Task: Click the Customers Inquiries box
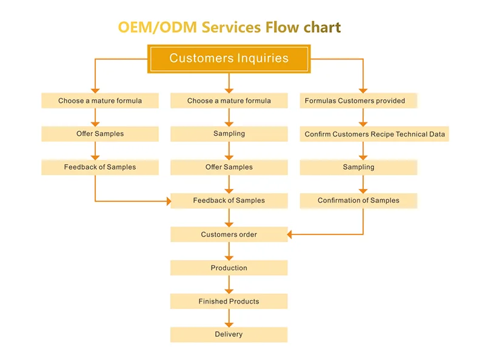[x=229, y=59]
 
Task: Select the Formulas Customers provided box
[x=358, y=101]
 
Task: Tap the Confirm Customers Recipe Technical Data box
[x=374, y=134]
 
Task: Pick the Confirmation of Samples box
[x=358, y=201]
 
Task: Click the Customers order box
[x=229, y=235]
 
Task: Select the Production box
[x=229, y=268]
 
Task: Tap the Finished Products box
[x=229, y=301]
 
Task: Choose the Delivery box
[x=229, y=335]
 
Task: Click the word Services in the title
[x=232, y=27]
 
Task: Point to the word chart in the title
[x=322, y=27]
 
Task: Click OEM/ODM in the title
[x=158, y=27]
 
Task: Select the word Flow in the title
[x=282, y=27]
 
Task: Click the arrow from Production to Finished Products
[x=229, y=284]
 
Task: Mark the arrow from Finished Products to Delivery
[x=229, y=318]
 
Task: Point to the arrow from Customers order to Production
[x=229, y=251]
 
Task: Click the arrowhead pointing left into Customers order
[x=290, y=235]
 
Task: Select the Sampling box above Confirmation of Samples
[x=358, y=167]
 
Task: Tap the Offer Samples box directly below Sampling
[x=229, y=167]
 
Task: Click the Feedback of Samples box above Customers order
[x=229, y=201]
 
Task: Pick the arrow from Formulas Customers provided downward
[x=363, y=117]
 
